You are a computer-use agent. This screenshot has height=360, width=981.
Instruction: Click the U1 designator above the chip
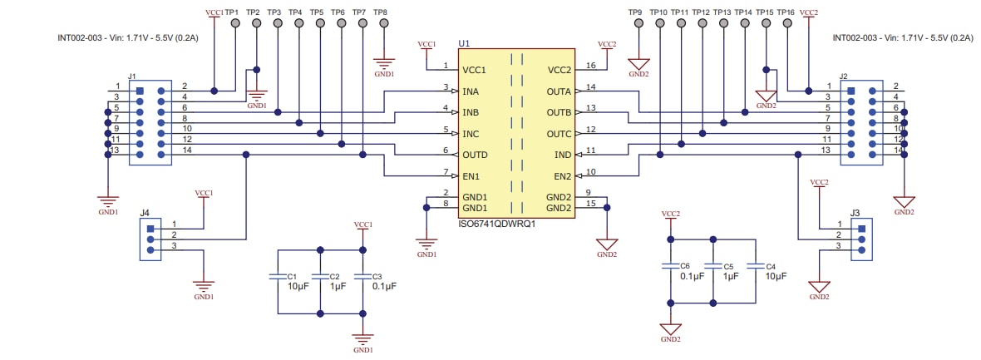(x=464, y=42)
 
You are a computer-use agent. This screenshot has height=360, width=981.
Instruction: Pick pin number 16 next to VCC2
(x=590, y=66)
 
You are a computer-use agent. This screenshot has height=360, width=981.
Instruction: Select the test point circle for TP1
(x=235, y=24)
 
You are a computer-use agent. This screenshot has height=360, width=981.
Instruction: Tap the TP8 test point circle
(x=383, y=24)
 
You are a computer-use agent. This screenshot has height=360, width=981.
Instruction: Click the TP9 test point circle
(x=638, y=24)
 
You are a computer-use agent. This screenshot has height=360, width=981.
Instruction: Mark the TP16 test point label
(x=786, y=12)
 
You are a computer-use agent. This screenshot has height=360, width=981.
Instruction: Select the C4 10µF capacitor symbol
(x=754, y=267)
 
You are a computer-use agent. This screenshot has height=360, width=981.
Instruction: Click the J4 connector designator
(x=145, y=212)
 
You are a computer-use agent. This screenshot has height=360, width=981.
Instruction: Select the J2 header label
(x=844, y=76)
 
